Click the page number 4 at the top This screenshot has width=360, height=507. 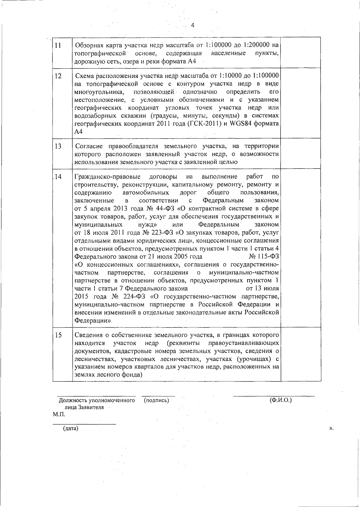193,25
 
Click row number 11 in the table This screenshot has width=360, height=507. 58,46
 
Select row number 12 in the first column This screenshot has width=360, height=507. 58,76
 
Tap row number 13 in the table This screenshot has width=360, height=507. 58,146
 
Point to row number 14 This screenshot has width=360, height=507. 58,177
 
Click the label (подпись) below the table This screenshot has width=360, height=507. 156,400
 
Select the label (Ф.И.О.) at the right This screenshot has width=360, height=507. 280,400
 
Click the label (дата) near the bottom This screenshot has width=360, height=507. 70,428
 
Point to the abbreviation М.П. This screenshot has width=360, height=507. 59,415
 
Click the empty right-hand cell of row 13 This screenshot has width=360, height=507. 301,154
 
